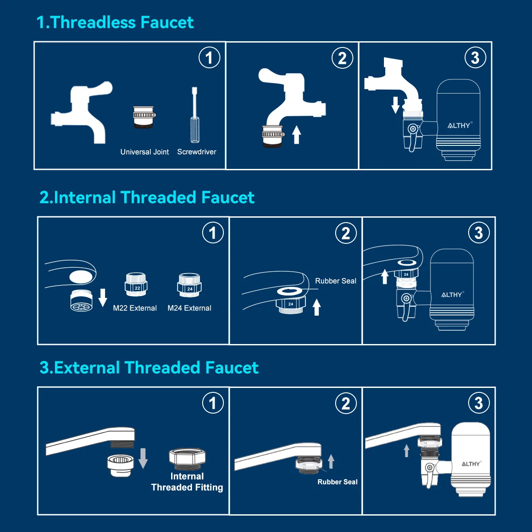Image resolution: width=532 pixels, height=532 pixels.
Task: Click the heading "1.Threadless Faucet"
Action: click(115, 22)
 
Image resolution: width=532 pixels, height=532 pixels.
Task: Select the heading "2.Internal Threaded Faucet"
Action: click(147, 197)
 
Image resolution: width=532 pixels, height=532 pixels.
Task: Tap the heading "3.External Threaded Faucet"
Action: click(149, 368)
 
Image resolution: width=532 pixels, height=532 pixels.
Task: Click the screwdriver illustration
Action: click(195, 115)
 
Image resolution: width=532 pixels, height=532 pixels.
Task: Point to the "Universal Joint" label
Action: click(145, 152)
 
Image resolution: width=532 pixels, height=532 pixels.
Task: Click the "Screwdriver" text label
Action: click(196, 152)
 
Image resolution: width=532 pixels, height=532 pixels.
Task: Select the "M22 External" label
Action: click(135, 308)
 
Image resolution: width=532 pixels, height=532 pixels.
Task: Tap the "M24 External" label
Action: click(189, 308)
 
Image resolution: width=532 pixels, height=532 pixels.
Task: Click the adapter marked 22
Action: click(136, 285)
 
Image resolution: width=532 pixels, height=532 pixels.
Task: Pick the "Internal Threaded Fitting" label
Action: click(187, 482)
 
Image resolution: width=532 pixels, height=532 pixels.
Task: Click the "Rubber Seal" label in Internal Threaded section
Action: click(336, 281)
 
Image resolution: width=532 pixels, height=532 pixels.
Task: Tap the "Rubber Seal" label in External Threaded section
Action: click(337, 482)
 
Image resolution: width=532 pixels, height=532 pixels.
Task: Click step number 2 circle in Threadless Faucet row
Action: click(342, 58)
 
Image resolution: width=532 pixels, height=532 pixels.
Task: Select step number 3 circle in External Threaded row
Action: click(479, 403)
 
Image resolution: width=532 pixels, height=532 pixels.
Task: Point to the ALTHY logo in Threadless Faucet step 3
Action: click(460, 125)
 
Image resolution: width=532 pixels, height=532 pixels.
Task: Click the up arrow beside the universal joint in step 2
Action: click(297, 135)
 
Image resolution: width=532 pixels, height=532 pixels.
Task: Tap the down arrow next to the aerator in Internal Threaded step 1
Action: click(103, 297)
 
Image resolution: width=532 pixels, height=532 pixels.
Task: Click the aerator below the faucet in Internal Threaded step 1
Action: click(82, 301)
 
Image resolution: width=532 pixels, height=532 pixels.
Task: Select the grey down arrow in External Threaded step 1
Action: click(143, 458)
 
